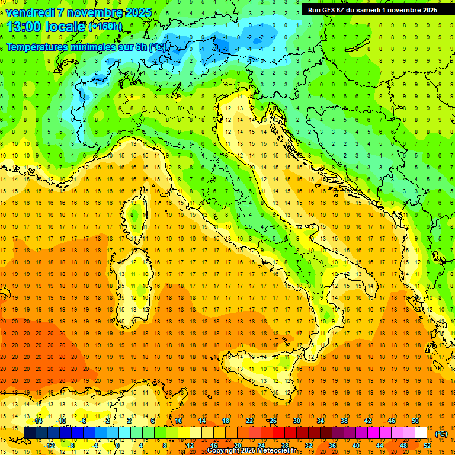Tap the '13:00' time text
[24, 27]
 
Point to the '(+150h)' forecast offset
[105, 27]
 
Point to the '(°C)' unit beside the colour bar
[441, 434]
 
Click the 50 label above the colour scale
[415, 421]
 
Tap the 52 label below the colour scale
[427, 446]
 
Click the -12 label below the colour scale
[49, 446]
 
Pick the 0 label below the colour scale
[117, 446]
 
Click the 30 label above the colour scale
[296, 421]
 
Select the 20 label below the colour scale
[237, 446]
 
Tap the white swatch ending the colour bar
[421, 433]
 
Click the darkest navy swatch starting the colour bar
[30, 433]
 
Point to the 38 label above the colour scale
[344, 421]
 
